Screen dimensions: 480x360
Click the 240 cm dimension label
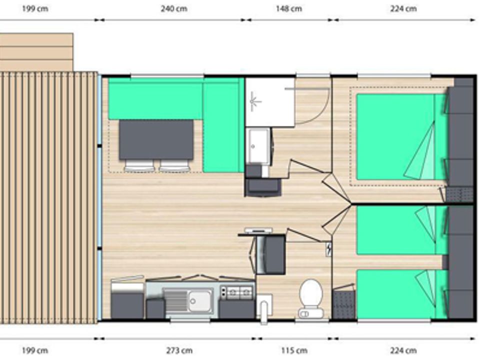[174, 8]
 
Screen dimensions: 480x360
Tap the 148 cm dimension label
[288, 8]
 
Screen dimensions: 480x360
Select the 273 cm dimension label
[179, 350]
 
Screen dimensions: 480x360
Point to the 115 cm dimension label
[294, 350]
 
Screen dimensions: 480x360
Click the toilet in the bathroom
[310, 298]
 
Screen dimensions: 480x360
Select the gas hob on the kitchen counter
[237, 292]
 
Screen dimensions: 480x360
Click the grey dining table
[156, 139]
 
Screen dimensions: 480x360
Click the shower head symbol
[253, 101]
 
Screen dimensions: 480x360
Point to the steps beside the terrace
[36, 52]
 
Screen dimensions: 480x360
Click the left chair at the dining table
[139, 165]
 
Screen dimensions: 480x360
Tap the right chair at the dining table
[174, 165]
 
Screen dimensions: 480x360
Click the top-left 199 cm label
[35, 8]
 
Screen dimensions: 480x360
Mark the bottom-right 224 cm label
[403, 350]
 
